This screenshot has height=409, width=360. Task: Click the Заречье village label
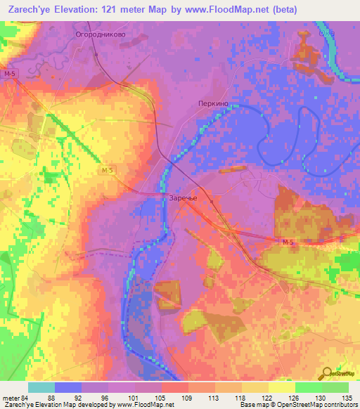(x=183, y=198)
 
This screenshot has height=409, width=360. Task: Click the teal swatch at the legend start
(x=41, y=387)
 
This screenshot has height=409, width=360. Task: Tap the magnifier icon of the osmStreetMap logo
(x=328, y=372)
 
